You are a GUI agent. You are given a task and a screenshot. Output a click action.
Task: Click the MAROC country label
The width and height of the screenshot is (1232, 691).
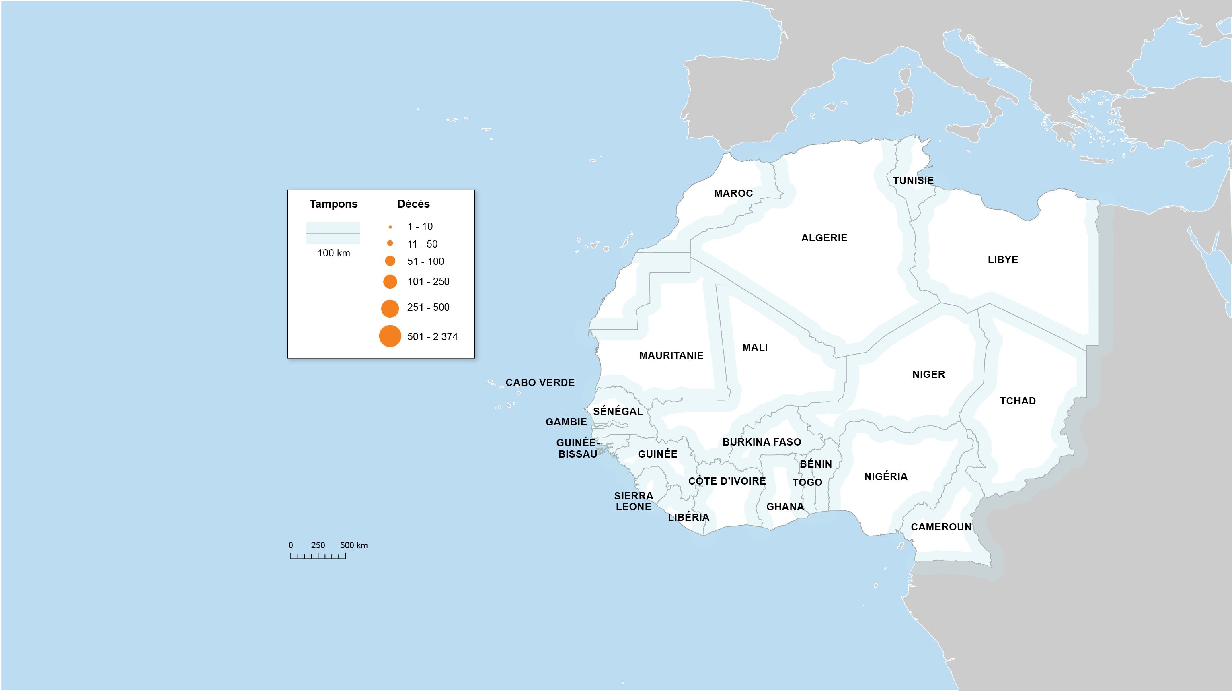tap(733, 193)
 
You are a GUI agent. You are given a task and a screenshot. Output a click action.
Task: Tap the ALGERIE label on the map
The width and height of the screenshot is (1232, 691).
tap(824, 238)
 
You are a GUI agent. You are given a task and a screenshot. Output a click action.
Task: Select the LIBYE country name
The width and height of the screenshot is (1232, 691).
tap(1002, 260)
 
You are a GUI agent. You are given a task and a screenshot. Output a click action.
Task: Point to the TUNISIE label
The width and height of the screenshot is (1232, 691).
tap(913, 180)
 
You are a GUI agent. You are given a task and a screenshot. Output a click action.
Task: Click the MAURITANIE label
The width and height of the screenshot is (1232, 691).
tap(671, 355)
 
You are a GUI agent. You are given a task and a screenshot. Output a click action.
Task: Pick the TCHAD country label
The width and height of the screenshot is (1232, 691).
tap(1017, 401)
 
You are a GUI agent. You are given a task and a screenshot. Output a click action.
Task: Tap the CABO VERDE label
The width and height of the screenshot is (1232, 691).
tap(540, 382)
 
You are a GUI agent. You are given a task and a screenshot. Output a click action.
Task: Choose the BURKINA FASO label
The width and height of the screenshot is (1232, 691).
tap(762, 442)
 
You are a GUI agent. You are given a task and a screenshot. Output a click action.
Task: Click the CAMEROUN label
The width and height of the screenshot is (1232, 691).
tap(941, 527)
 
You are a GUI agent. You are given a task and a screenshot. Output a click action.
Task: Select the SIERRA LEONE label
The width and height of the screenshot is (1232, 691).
tap(633, 501)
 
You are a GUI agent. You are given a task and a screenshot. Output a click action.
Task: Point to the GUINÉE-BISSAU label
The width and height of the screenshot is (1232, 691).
tap(577, 448)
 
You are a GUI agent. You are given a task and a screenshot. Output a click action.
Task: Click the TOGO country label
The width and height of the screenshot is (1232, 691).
tap(807, 483)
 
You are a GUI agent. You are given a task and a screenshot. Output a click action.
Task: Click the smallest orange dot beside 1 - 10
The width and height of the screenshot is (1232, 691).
tap(390, 227)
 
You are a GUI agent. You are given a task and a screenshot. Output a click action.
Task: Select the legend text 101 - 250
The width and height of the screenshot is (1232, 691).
tap(428, 282)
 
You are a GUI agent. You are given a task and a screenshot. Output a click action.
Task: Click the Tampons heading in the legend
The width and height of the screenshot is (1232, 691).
tap(333, 204)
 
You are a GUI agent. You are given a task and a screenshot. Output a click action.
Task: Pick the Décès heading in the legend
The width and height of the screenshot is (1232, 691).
tap(413, 204)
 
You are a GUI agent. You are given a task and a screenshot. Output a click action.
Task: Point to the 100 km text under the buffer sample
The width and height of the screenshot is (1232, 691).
tap(334, 253)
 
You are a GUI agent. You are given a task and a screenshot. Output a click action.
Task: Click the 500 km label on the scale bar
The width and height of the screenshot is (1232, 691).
tap(354, 545)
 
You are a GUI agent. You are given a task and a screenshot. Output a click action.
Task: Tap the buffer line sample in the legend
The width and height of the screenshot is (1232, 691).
tap(333, 233)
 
